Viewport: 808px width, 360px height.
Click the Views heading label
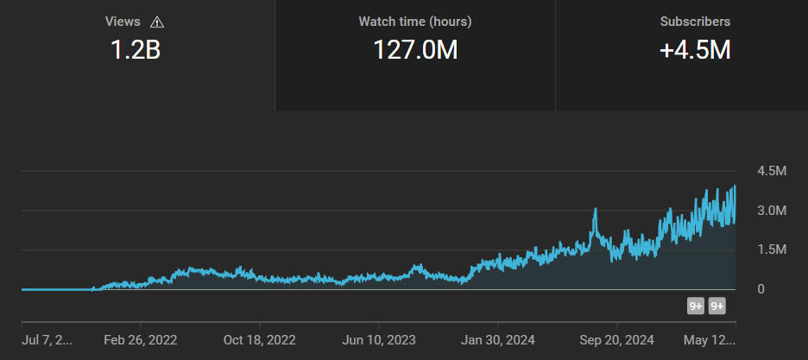tap(123, 22)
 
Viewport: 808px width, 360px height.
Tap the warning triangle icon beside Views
tap(156, 22)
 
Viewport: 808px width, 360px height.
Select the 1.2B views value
tap(136, 50)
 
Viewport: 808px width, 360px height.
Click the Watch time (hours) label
tap(415, 22)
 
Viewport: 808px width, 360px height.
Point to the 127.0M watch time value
tap(415, 50)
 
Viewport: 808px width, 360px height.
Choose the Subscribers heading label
tap(695, 22)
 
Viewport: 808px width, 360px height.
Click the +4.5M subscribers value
tap(695, 50)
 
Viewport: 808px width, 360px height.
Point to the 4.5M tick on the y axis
tap(771, 171)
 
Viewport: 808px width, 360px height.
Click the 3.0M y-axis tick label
tap(771, 211)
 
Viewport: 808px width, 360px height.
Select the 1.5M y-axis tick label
tap(771, 249)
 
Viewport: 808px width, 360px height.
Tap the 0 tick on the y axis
tap(761, 289)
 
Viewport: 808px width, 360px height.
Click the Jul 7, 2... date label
tap(47, 340)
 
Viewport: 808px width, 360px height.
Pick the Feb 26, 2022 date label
tap(140, 340)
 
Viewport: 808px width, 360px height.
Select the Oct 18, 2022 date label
tap(259, 340)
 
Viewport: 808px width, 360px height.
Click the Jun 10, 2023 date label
tap(380, 340)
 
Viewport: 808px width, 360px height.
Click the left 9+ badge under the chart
tap(696, 306)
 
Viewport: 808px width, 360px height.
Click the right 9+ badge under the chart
tap(716, 306)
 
